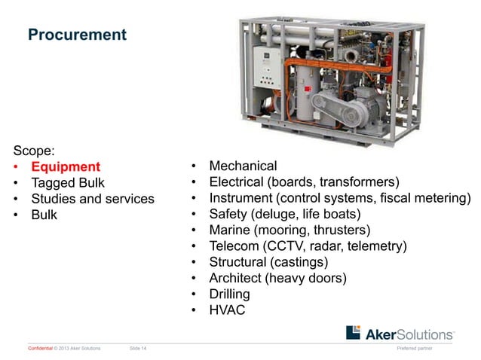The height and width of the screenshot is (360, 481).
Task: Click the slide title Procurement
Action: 77,35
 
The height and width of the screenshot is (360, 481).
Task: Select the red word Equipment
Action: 65,166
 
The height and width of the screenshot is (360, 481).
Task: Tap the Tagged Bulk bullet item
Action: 68,183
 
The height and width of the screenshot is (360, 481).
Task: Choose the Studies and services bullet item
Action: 92,199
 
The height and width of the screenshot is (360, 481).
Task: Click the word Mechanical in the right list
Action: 243,166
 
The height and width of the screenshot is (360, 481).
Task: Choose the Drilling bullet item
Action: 229,294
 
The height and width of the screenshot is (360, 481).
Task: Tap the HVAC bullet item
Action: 227,310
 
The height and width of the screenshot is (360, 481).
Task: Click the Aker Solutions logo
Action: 400,333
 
